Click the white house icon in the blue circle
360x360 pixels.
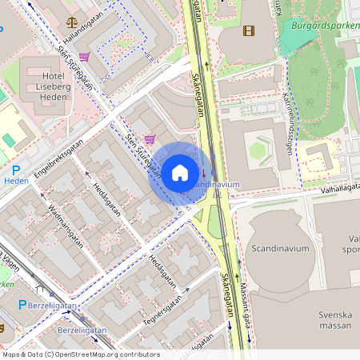(180, 172)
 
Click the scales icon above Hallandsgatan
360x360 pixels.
(73, 24)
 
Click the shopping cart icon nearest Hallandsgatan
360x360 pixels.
(84, 57)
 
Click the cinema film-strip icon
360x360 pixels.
(248, 30)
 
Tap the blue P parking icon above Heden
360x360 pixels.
(17, 170)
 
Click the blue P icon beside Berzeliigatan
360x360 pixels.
(22, 305)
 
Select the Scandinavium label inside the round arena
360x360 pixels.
(278, 248)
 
